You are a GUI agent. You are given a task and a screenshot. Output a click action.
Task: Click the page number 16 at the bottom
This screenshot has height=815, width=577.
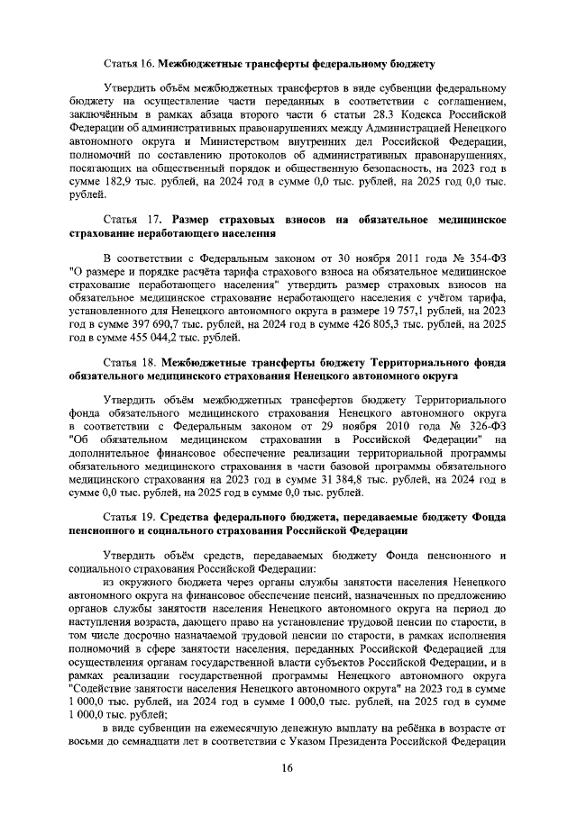point(287,766)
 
